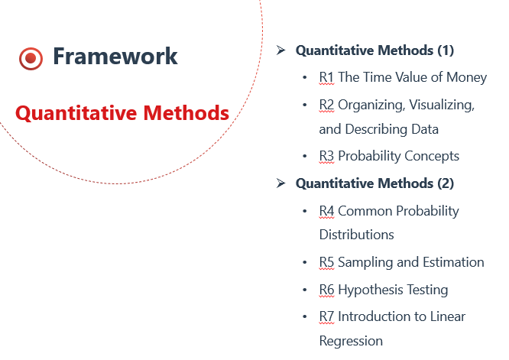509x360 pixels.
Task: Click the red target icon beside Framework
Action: pyautogui.click(x=31, y=58)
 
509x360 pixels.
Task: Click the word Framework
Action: pyautogui.click(x=115, y=56)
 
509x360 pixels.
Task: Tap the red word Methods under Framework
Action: pyautogui.click(x=186, y=112)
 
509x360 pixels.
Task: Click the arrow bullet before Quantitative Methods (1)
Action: pyautogui.click(x=280, y=50)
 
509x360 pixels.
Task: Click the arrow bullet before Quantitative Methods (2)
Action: pyautogui.click(x=280, y=183)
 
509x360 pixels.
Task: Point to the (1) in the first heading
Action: pyautogui.click(x=446, y=50)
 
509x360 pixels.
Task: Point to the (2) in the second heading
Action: pyautogui.click(x=446, y=183)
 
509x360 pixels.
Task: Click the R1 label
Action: pyautogui.click(x=326, y=77)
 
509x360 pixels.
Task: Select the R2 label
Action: pyautogui.click(x=326, y=105)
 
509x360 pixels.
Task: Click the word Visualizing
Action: pyautogui.click(x=442, y=105)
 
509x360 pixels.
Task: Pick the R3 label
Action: pyautogui.click(x=326, y=156)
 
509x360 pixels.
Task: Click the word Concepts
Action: pyautogui.click(x=432, y=157)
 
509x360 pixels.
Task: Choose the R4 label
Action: pyautogui.click(x=326, y=211)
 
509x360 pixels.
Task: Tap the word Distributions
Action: pyautogui.click(x=356, y=235)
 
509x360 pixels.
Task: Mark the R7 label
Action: pyautogui.click(x=326, y=317)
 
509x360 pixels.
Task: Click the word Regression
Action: pyautogui.click(x=351, y=342)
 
